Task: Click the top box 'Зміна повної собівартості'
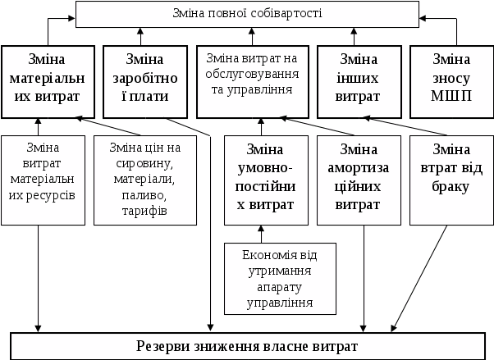[x=247, y=14]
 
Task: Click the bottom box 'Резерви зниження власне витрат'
[x=251, y=345]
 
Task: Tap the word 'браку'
[x=451, y=186]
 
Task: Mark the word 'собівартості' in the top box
[x=288, y=14]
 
